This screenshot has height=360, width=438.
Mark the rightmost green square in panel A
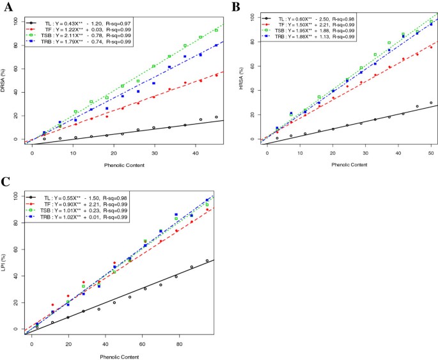216,30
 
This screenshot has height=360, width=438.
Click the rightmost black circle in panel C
207,260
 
